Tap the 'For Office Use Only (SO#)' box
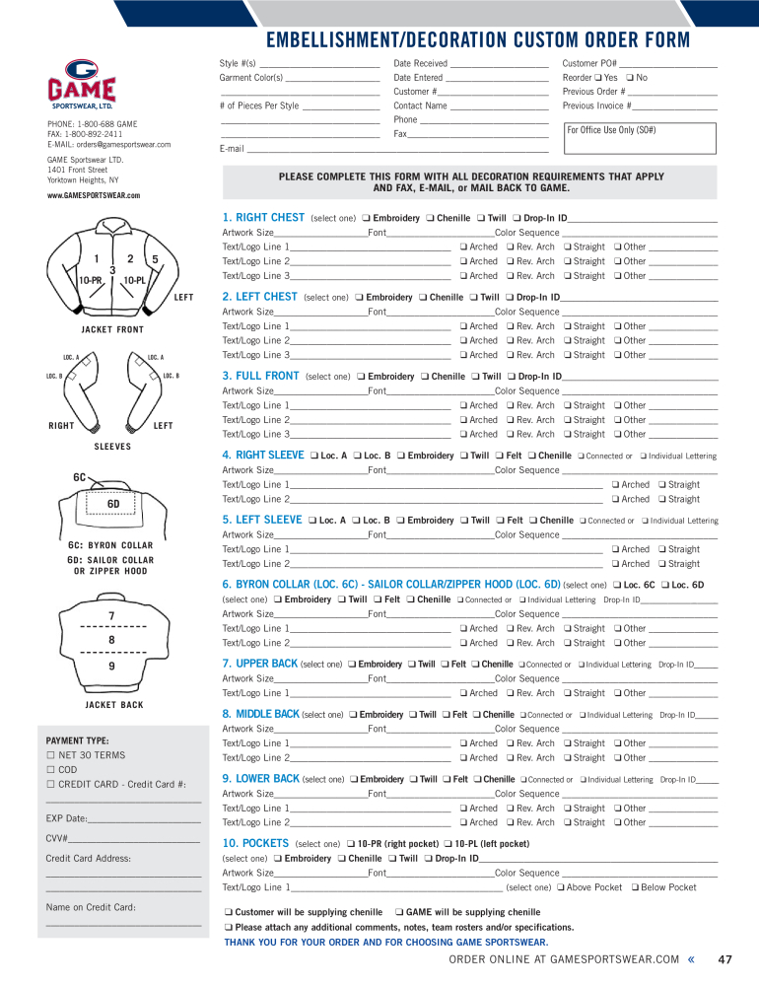click(639, 138)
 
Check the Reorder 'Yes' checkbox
click(597, 78)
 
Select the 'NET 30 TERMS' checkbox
click(52, 755)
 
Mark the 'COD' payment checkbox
click(52, 770)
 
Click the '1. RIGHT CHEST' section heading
click(263, 218)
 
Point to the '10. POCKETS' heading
click(255, 844)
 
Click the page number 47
click(725, 959)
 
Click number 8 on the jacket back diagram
click(111, 640)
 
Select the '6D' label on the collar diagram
click(113, 504)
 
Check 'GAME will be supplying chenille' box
click(399, 913)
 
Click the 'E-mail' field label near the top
click(231, 149)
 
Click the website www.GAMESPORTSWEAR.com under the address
click(94, 196)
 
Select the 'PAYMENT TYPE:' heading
click(77, 740)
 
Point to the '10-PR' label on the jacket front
click(90, 280)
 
